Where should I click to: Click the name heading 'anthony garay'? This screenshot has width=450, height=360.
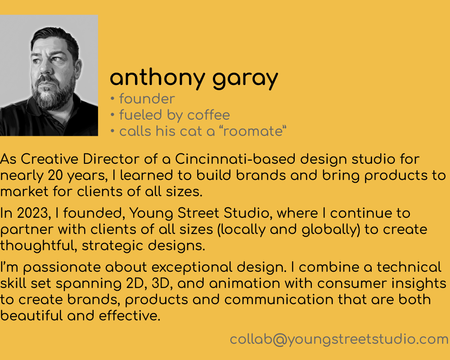194,78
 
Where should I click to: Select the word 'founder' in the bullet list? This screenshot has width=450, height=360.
147,99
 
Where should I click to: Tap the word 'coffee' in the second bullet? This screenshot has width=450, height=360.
209,115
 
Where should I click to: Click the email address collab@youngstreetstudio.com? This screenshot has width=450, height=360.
339,340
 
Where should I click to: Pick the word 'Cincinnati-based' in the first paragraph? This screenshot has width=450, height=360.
235,159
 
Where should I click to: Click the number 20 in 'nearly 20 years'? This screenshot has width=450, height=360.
55,175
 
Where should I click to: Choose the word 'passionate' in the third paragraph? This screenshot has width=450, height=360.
62,268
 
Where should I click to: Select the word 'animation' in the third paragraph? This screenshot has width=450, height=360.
244,283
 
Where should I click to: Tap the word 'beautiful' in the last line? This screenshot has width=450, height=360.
31,316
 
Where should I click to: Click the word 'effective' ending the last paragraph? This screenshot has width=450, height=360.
130,316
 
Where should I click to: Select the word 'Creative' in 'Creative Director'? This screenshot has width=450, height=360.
49,159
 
